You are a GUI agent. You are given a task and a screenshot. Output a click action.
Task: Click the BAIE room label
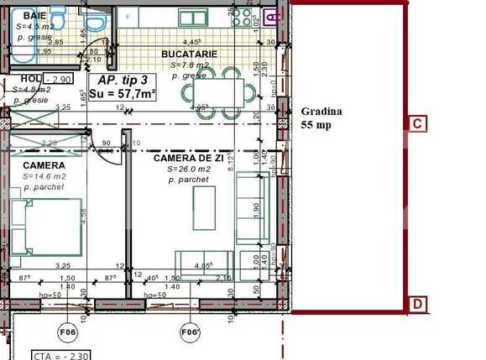point(34,16)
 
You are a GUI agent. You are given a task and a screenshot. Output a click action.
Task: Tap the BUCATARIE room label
point(189,54)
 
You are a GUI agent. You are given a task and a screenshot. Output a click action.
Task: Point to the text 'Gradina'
point(318,111)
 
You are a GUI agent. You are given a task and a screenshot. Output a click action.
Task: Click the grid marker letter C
point(417,123)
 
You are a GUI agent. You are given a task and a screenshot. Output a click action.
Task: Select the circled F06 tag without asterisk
point(67,333)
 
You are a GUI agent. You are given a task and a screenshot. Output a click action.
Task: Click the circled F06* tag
point(191,333)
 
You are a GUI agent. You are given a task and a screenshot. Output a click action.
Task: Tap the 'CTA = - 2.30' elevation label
point(60,355)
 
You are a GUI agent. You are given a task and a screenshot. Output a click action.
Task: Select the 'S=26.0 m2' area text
point(188,169)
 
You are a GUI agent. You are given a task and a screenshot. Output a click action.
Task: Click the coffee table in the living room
point(204,207)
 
